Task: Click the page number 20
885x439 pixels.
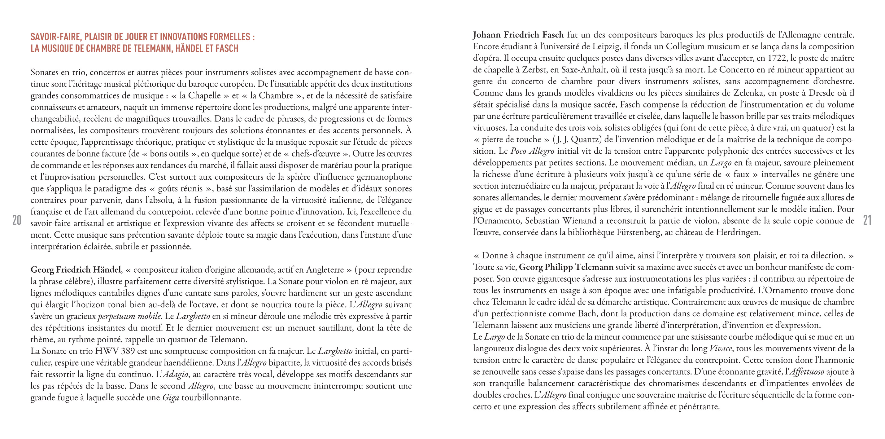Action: tap(17, 220)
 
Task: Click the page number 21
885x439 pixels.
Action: tap(867, 220)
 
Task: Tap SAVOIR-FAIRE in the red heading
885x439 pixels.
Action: tap(55, 37)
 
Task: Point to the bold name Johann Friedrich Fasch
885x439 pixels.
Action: tap(518, 35)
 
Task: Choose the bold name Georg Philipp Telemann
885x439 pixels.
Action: tap(566, 267)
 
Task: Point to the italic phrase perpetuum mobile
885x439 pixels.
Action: tap(129, 316)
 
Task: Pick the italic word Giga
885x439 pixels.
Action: tap(171, 398)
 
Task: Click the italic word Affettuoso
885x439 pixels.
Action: tap(807, 372)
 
